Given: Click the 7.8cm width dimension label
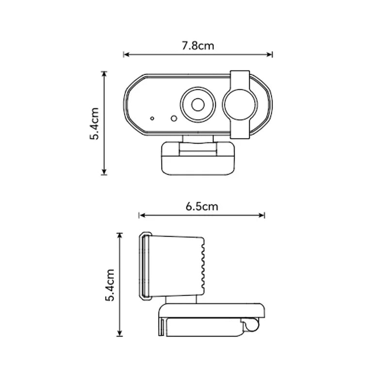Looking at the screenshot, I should (x=198, y=46).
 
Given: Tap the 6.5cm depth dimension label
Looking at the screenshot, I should (x=202, y=207).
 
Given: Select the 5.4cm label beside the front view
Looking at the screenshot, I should (x=94, y=124).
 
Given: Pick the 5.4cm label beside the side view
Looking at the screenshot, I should (x=110, y=285).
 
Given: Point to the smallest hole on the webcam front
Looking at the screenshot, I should (x=152, y=118).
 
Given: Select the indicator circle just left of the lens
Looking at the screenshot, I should (x=173, y=118).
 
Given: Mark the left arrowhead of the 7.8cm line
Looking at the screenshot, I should (x=126, y=55).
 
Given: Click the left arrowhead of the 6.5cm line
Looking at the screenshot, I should (x=141, y=215).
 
